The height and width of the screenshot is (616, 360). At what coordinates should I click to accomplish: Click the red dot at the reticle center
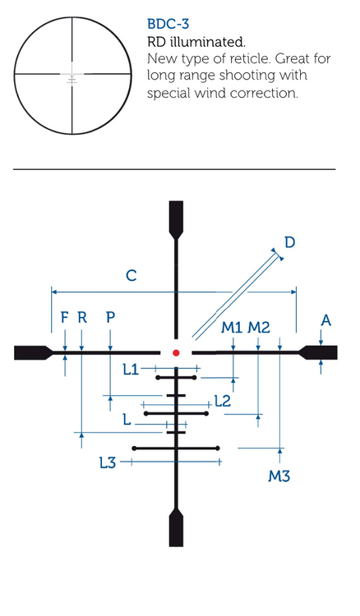[176, 353]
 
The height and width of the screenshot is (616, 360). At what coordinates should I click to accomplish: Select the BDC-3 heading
[168, 24]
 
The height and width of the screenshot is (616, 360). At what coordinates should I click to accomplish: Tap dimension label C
[132, 275]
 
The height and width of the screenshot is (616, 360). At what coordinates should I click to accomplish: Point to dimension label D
[289, 242]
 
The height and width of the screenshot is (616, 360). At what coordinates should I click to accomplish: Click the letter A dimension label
[325, 320]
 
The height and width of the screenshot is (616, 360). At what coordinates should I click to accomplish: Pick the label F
[65, 317]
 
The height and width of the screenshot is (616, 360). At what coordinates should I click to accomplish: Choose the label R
[81, 317]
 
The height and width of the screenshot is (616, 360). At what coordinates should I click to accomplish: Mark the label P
[110, 317]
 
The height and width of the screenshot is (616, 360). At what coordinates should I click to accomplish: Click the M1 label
[232, 327]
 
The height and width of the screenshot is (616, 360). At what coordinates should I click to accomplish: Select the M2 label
[259, 327]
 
